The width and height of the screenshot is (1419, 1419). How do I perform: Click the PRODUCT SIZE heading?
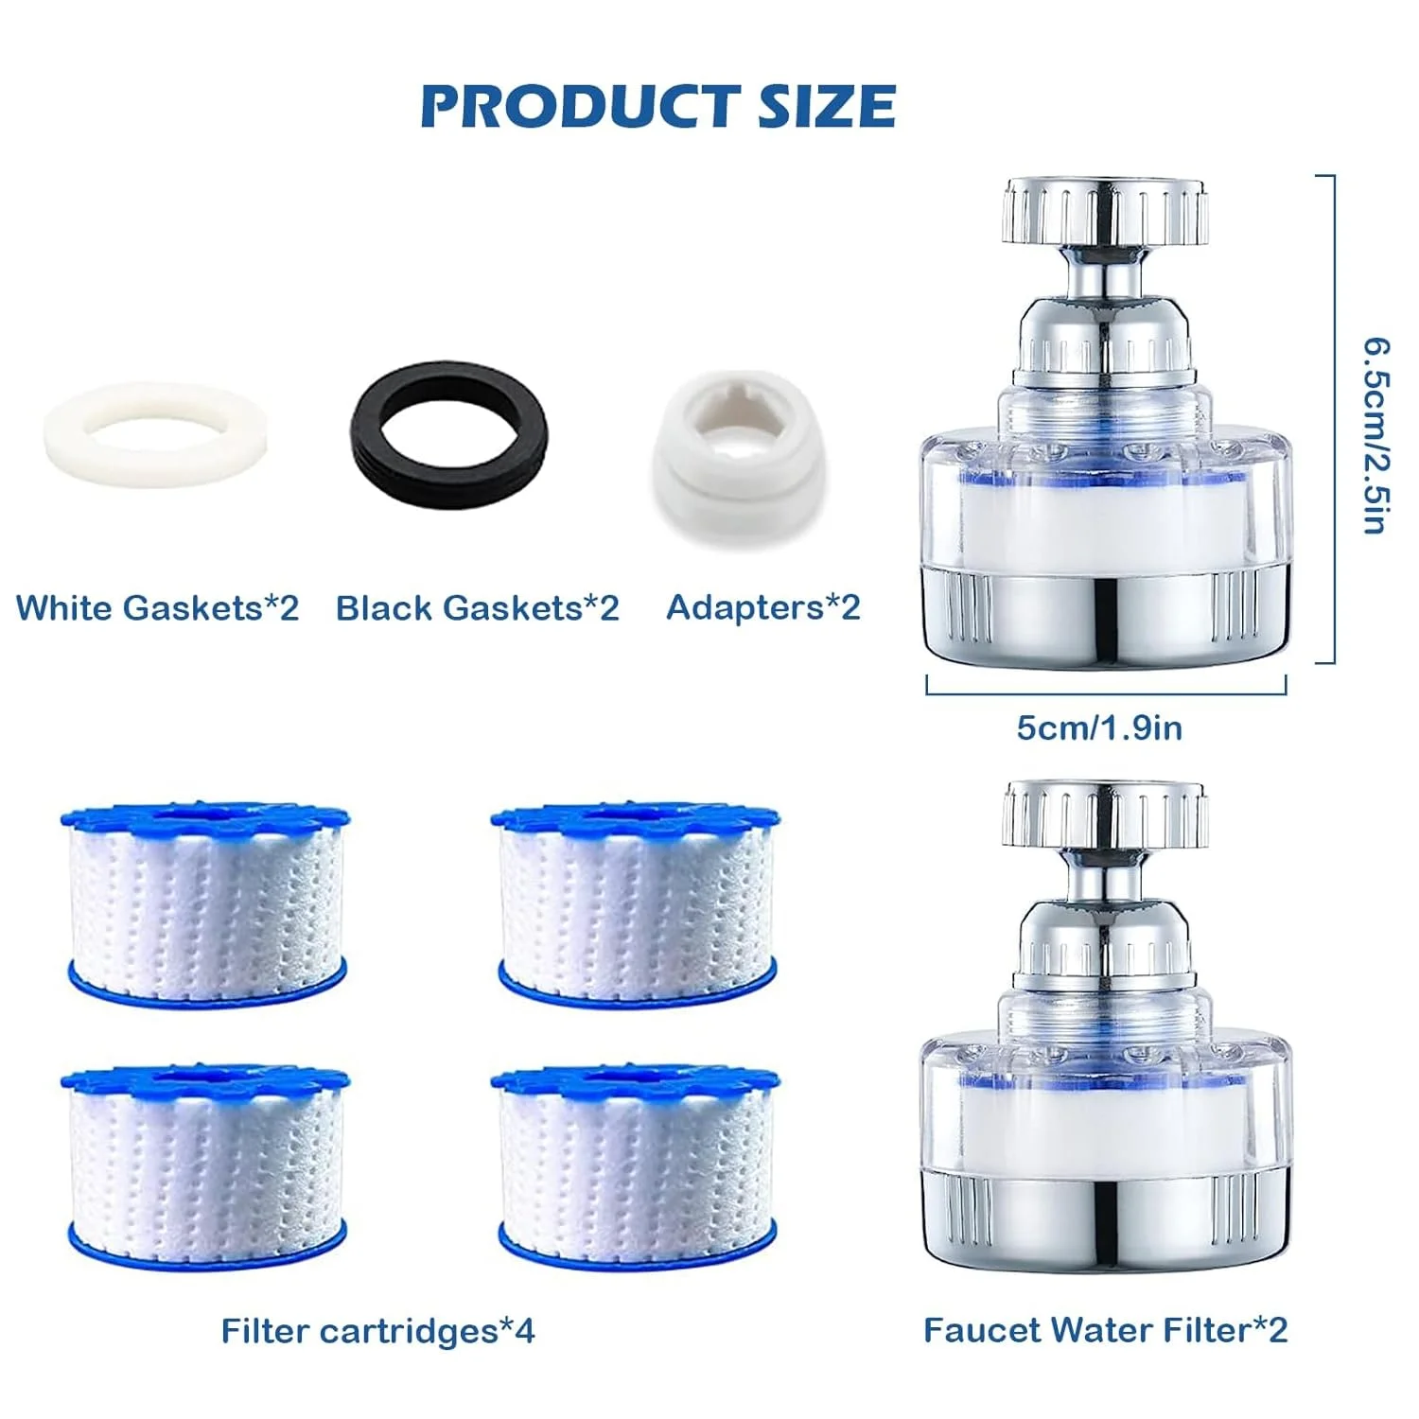point(657,105)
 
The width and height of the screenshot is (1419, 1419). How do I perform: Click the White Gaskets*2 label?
point(157,607)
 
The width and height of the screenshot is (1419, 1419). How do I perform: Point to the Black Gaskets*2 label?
point(478,607)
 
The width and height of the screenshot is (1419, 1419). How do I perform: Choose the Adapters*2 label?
point(763,607)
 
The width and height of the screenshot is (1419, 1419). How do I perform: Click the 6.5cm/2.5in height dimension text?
point(1375,435)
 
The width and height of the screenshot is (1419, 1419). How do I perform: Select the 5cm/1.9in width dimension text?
point(1099,727)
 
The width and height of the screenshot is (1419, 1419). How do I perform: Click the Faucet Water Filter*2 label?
point(1105,1330)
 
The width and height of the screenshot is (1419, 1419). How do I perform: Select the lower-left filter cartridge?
point(205,1169)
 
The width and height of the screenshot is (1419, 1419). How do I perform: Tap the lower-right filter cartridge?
point(636,1169)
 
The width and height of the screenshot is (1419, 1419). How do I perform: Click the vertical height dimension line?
point(1333,419)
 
